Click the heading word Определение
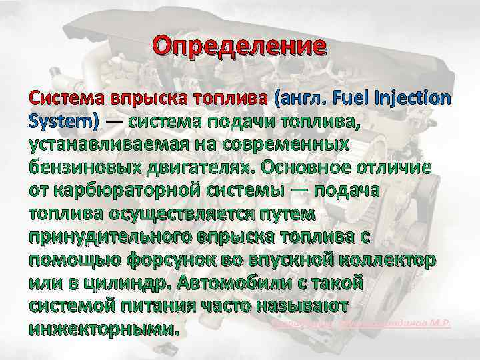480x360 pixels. coord(239,46)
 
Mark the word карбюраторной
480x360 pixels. coord(133,189)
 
